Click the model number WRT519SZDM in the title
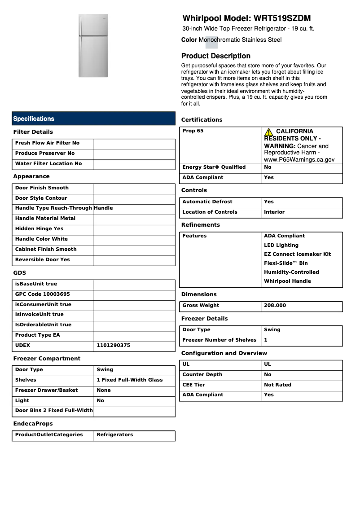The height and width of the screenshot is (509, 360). (x=282, y=18)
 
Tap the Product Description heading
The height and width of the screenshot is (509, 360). (x=215, y=56)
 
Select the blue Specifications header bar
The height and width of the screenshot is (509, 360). (x=93, y=118)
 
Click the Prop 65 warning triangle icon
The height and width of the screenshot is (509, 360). (x=268, y=132)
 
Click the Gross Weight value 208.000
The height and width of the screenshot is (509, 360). (x=275, y=306)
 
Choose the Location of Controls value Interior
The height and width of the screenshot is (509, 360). (x=274, y=212)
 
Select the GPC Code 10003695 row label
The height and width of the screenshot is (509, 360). (x=43, y=294)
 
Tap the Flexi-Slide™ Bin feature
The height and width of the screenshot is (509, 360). (x=285, y=263)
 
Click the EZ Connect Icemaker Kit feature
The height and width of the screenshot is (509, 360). (x=297, y=254)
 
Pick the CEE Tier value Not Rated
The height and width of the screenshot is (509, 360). (x=277, y=385)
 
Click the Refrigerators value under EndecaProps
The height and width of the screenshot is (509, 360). (x=114, y=435)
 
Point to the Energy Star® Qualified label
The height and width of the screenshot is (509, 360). (x=214, y=167)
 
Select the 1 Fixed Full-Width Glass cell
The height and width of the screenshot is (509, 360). (x=130, y=380)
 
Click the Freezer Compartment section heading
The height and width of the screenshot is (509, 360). (x=47, y=359)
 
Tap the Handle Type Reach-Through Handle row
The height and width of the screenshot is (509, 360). (x=64, y=208)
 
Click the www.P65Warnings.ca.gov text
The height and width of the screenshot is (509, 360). (x=299, y=159)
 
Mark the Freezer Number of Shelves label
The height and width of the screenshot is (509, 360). (x=219, y=340)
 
